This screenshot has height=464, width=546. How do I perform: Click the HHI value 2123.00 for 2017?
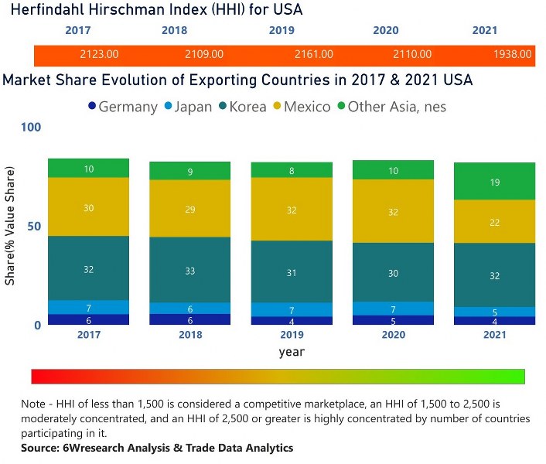99,54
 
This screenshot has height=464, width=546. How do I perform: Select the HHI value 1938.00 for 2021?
513,54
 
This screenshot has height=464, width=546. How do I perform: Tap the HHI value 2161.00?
314,54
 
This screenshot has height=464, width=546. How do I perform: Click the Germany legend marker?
92,107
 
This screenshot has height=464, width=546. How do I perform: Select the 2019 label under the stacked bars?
292,335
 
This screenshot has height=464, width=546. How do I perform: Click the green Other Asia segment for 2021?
494,182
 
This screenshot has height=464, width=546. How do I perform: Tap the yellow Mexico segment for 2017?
89,206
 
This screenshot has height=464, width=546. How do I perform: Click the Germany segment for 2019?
292,320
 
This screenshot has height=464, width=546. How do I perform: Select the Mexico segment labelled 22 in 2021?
494,221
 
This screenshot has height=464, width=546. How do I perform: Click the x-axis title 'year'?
292,352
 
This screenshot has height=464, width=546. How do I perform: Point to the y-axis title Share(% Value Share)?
10,229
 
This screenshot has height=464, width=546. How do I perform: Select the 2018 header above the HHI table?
174,30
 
